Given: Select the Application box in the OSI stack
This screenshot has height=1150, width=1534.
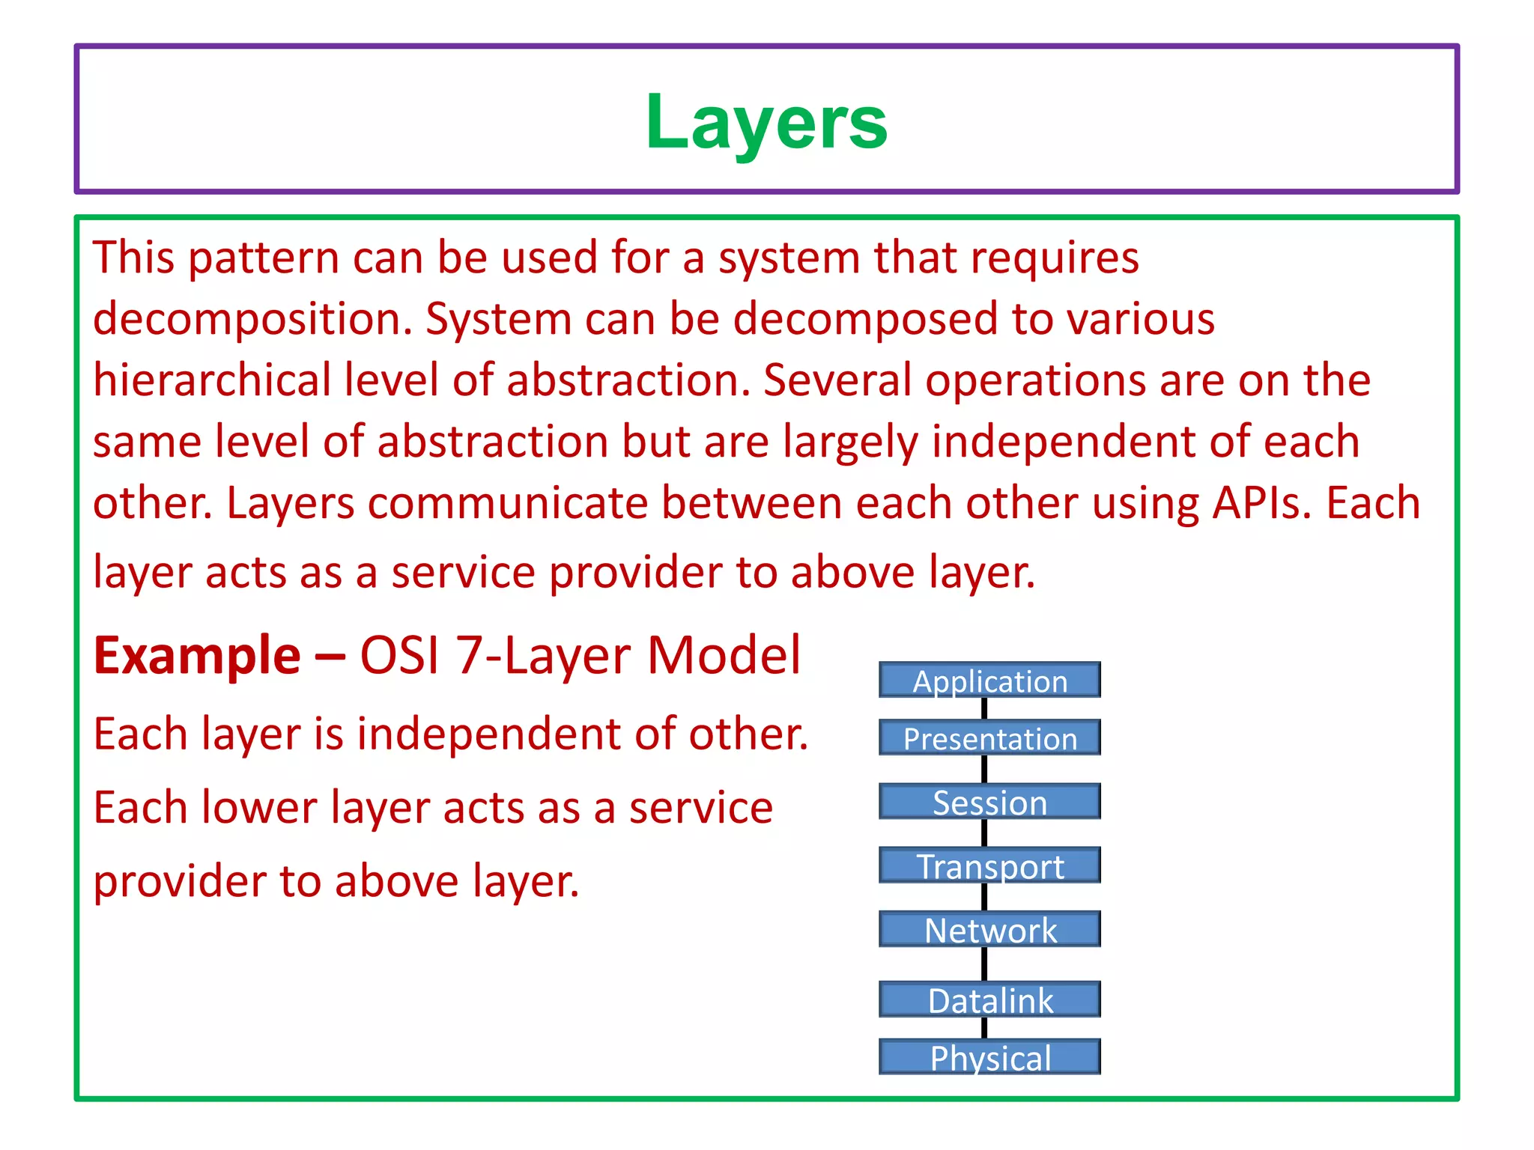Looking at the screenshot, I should pyautogui.click(x=989, y=681).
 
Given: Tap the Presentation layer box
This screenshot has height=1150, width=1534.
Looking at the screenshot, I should pyautogui.click(x=989, y=738).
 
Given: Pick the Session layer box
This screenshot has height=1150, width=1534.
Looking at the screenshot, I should pyautogui.click(x=989, y=802).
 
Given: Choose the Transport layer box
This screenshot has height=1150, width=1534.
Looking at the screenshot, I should pyautogui.click(x=989, y=865).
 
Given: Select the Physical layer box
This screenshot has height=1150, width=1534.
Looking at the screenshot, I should pyautogui.click(x=989, y=1057).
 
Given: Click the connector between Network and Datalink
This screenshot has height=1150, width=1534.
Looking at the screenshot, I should pyautogui.click(x=984, y=964).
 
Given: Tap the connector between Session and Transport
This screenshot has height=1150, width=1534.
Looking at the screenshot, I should pyautogui.click(x=984, y=833).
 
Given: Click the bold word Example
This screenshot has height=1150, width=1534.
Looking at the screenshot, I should pyautogui.click(x=197, y=657).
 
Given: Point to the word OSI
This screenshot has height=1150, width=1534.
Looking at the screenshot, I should pyautogui.click(x=398, y=657).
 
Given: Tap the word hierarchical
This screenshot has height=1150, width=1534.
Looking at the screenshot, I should pyautogui.click(x=212, y=380).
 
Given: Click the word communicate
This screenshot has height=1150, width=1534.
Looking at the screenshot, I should pyautogui.click(x=507, y=503).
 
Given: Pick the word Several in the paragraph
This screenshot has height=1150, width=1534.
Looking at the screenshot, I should pyautogui.click(x=837, y=380).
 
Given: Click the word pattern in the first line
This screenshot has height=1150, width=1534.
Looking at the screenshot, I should pyautogui.click(x=263, y=258).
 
